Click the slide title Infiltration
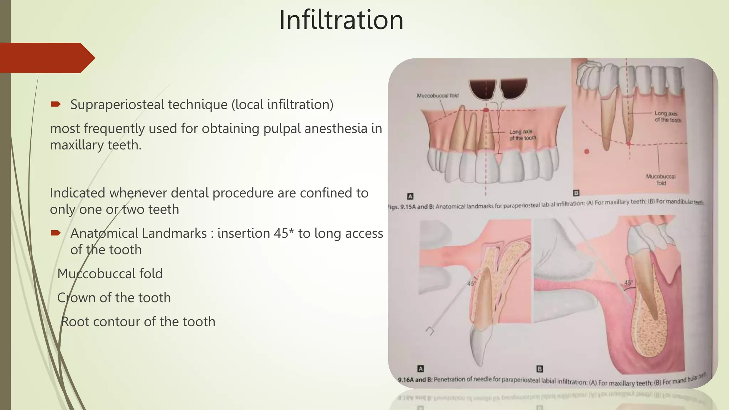pos(341,20)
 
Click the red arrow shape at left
pos(46,58)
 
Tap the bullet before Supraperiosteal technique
pos(56,104)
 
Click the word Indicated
pos(78,193)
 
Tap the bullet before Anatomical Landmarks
pos(56,233)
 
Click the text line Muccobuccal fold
pos(110,274)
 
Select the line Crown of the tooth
pos(114,298)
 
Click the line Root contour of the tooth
pos(138,322)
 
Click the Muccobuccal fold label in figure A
pos(437,96)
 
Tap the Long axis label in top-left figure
pos(522,135)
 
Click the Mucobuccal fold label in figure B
pos(661,180)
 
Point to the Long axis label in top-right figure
pos(667,117)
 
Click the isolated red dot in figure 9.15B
pos(587,152)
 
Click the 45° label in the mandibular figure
pos(628,283)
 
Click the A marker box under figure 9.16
pos(420,369)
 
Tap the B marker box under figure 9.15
pos(576,193)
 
